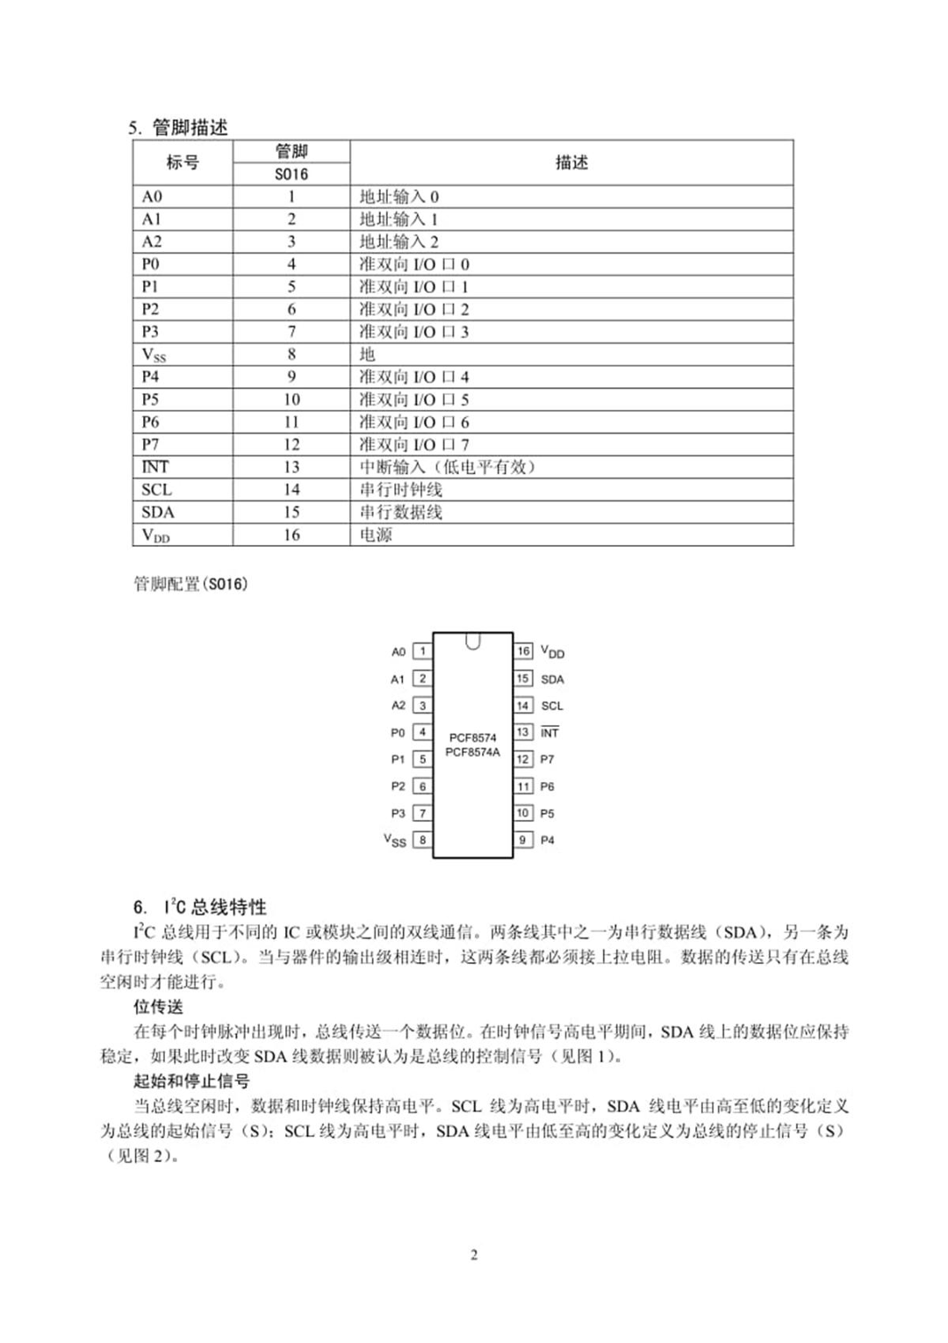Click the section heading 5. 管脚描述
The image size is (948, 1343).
[x=178, y=127]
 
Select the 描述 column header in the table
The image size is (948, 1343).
[x=571, y=162]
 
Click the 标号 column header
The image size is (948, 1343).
[x=183, y=162]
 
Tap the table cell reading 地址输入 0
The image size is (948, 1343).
[x=399, y=197]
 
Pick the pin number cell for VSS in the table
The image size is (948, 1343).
[x=291, y=354]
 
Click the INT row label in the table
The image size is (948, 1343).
[x=155, y=467]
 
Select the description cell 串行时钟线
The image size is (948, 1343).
[x=401, y=490]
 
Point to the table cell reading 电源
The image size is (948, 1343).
[x=377, y=535]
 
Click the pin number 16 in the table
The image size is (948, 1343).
[x=291, y=535]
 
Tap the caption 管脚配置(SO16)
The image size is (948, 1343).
[x=190, y=585]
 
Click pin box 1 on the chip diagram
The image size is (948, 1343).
[x=422, y=651]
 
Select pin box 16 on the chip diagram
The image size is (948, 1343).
[x=523, y=651]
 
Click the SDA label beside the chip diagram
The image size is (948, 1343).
[x=552, y=679]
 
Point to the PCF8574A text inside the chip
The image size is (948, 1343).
[x=472, y=752]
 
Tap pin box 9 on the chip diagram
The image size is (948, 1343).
[x=523, y=840]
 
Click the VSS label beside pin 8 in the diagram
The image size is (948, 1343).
[x=395, y=840]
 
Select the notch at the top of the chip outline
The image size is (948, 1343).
[x=473, y=642]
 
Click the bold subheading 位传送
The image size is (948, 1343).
[x=158, y=1007]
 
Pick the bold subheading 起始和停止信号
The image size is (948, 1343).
[x=191, y=1081]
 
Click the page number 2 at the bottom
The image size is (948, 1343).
[x=474, y=1254]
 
